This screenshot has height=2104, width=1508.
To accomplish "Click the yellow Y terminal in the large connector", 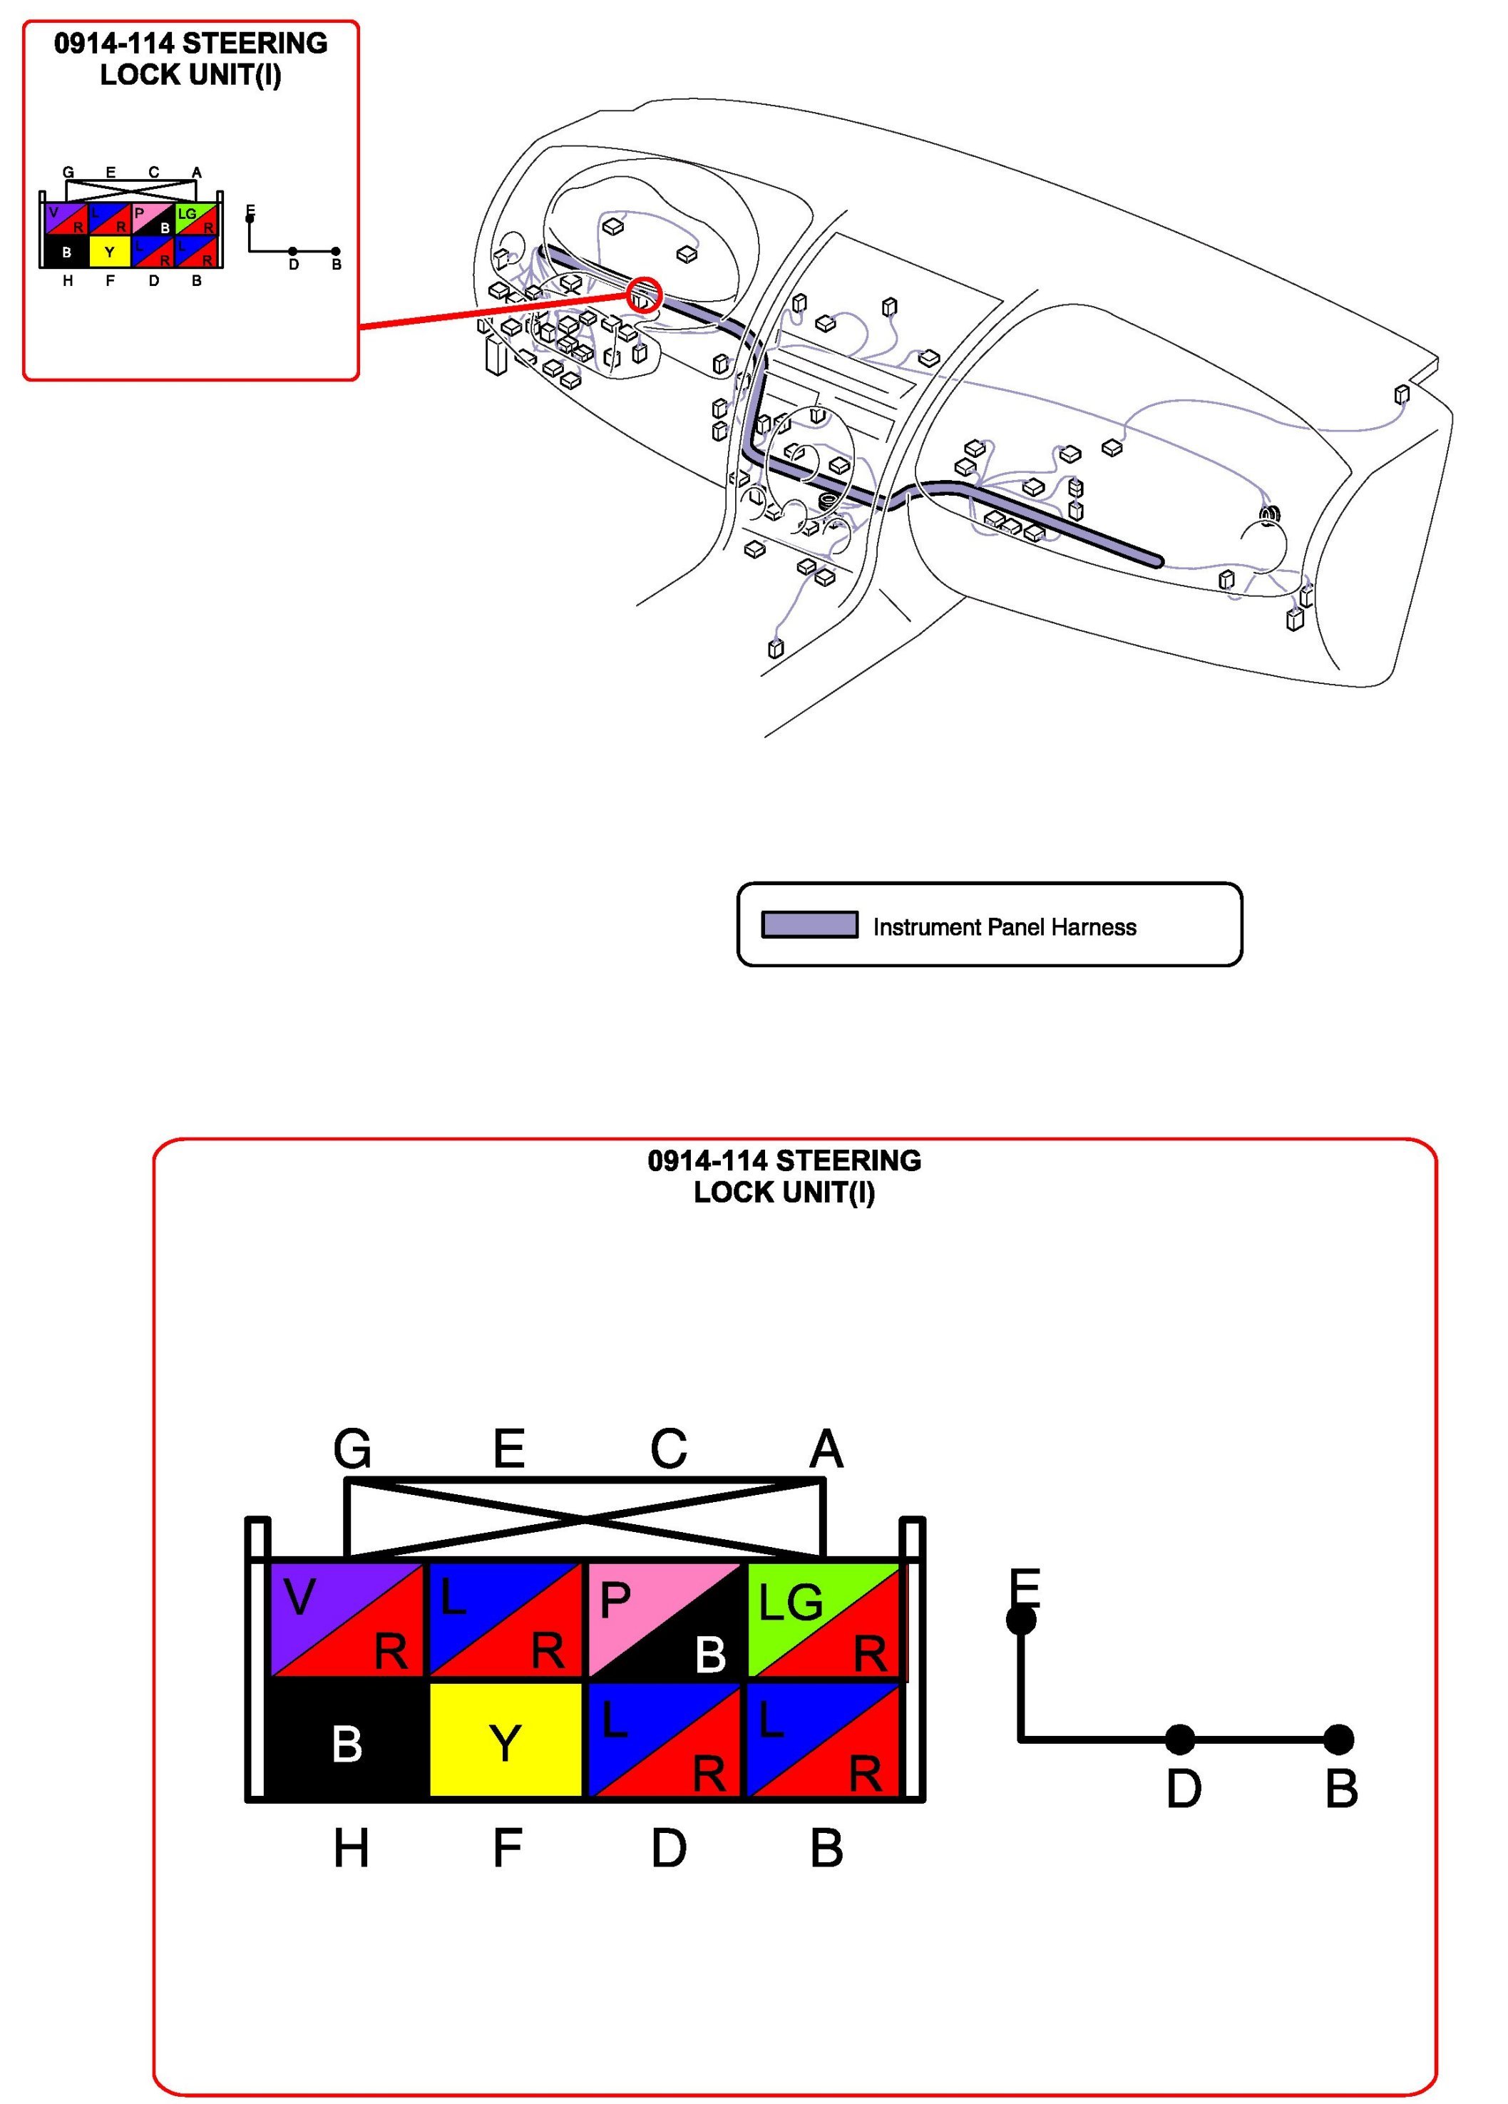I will [x=505, y=1740].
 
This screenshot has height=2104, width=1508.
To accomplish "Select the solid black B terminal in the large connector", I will [x=347, y=1740].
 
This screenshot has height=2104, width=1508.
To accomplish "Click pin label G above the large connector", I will [x=352, y=1448].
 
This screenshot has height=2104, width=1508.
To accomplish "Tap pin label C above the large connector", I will [x=668, y=1448].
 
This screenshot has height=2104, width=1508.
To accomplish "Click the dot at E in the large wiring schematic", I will [x=1021, y=1620].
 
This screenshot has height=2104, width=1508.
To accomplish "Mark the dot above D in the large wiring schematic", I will [x=1180, y=1740].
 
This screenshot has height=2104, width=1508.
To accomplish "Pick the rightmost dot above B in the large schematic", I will [x=1338, y=1740].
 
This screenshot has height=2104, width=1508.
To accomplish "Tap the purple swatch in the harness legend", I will [x=809, y=925].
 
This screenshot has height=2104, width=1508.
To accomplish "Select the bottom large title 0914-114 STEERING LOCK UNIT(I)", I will [x=784, y=1175].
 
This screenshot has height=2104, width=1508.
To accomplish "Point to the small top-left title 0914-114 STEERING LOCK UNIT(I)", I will [x=190, y=58].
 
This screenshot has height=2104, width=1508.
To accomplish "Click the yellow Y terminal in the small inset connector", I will [x=109, y=251].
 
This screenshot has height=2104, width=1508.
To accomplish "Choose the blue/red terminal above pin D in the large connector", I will [x=664, y=1740].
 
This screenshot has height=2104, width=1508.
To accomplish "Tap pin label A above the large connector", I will [x=826, y=1448].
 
